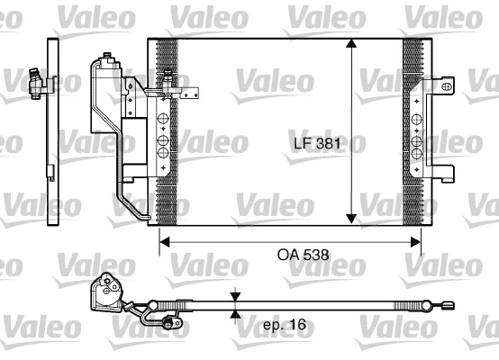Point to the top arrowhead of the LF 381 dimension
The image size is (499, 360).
point(350,48)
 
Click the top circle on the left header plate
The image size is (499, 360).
point(163,118)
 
